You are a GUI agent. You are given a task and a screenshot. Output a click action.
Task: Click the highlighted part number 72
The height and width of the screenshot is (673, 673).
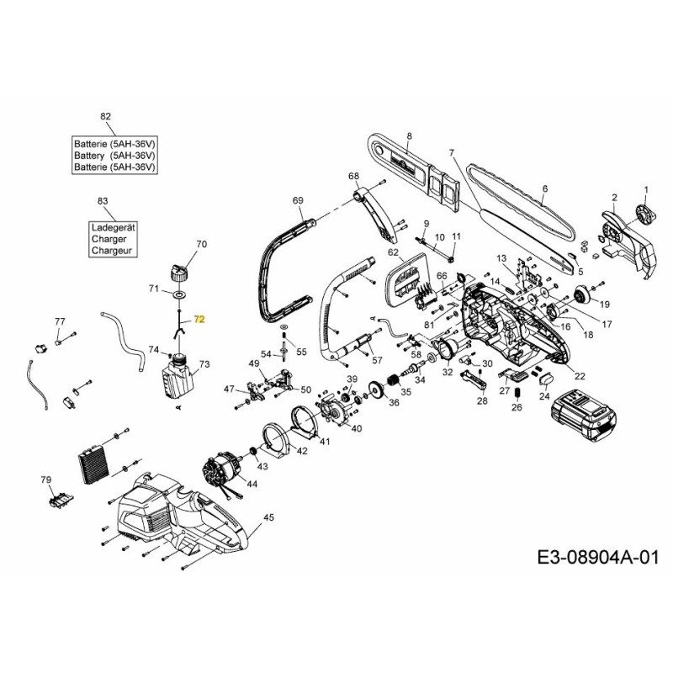pos(199,320)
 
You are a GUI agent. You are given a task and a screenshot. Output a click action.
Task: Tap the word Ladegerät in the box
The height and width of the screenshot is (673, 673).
pos(114,227)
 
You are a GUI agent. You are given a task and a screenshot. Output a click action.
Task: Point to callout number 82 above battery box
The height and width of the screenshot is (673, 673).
pos(105,116)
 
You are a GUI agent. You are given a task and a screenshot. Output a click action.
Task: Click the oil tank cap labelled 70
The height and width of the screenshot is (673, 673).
pos(178,271)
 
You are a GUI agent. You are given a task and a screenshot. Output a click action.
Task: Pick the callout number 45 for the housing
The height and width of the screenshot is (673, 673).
pos(268,517)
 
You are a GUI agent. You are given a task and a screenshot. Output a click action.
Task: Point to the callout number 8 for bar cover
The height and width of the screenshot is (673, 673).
pos(409,135)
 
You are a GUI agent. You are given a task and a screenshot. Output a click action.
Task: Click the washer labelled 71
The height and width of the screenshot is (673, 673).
pos(179,296)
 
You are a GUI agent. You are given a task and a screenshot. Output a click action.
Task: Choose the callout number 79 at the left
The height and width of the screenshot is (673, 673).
pos(46,480)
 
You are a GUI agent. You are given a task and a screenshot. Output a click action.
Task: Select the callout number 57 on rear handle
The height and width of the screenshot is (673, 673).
pos(377,360)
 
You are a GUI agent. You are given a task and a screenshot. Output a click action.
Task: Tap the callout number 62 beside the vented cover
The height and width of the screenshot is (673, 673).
pos(393,252)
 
